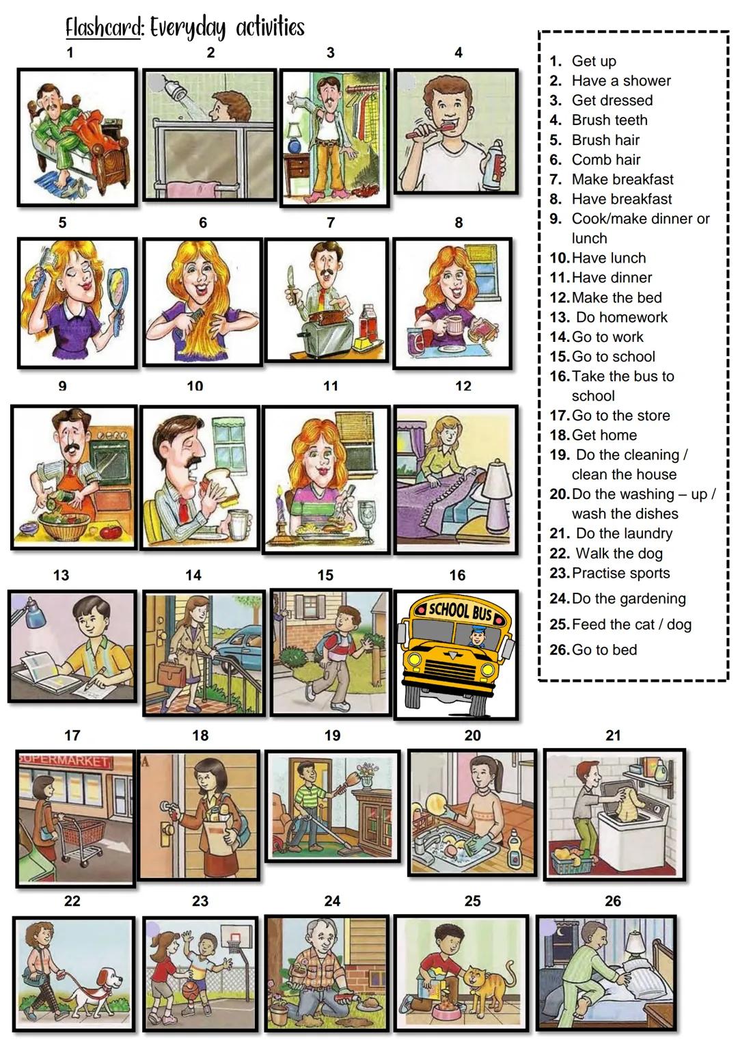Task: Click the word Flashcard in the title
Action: click(102, 28)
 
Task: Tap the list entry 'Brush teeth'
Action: click(609, 120)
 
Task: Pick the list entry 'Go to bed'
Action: click(603, 650)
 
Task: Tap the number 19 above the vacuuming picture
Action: click(332, 736)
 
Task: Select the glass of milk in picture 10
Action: click(236, 525)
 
